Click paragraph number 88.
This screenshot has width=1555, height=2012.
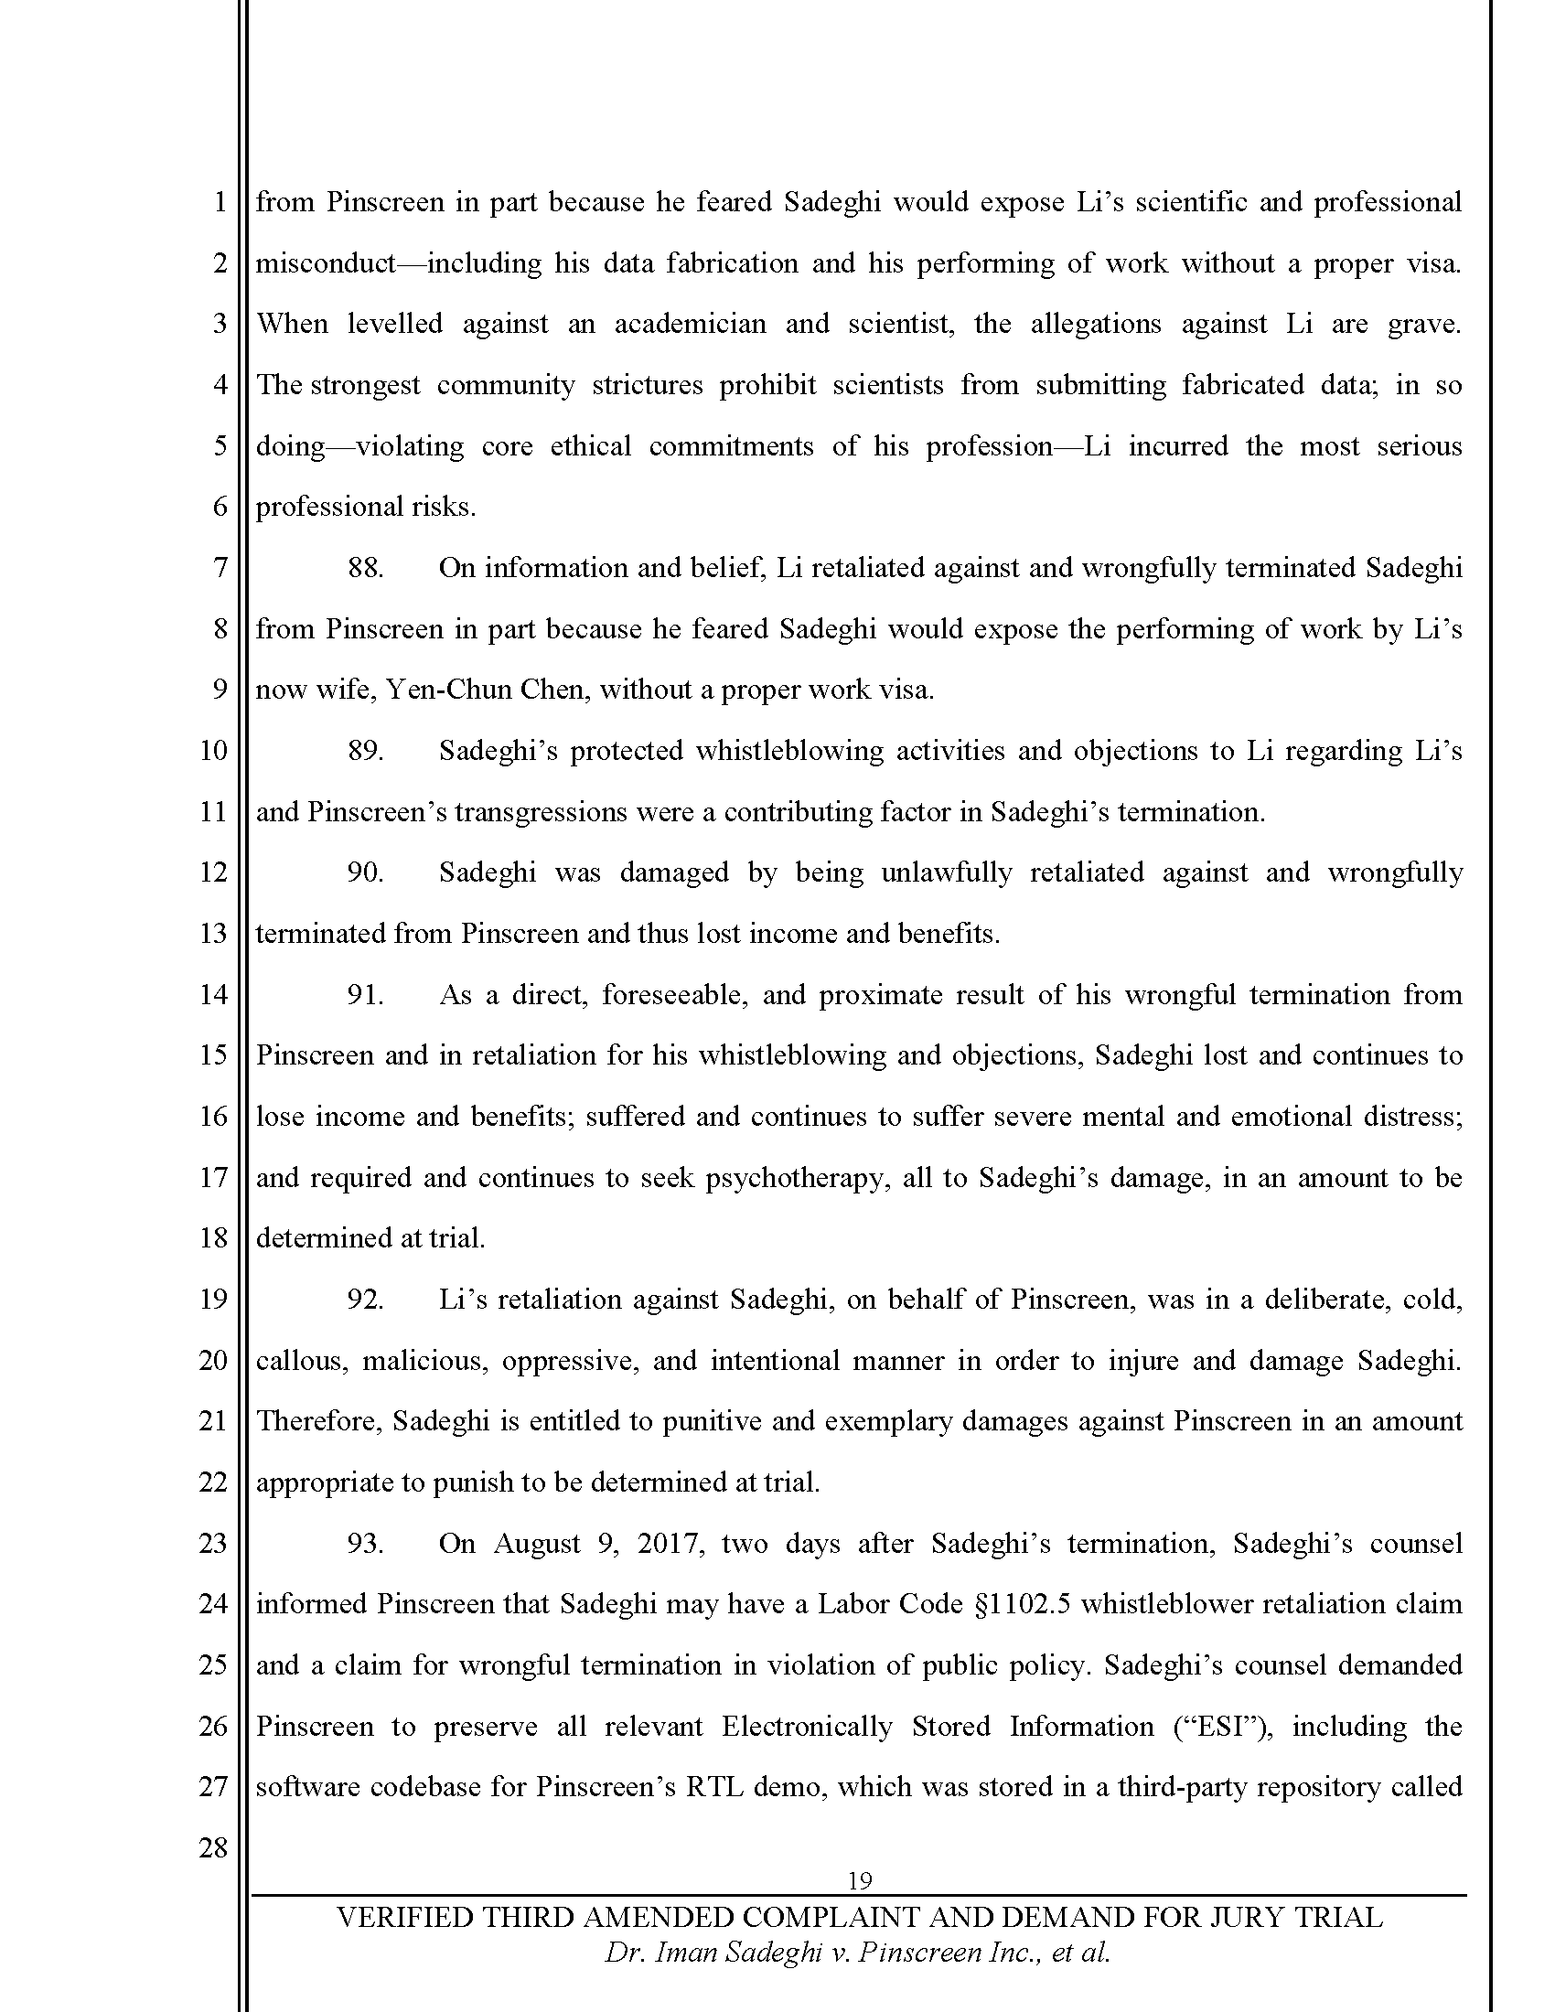[x=365, y=569]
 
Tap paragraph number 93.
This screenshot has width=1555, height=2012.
[x=365, y=1544]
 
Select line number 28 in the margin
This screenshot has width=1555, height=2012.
[x=213, y=1847]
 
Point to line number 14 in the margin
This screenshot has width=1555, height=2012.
[x=213, y=995]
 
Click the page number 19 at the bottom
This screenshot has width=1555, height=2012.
[x=859, y=1880]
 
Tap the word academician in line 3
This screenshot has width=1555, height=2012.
[x=690, y=325]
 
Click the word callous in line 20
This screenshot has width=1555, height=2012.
[x=300, y=1362]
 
